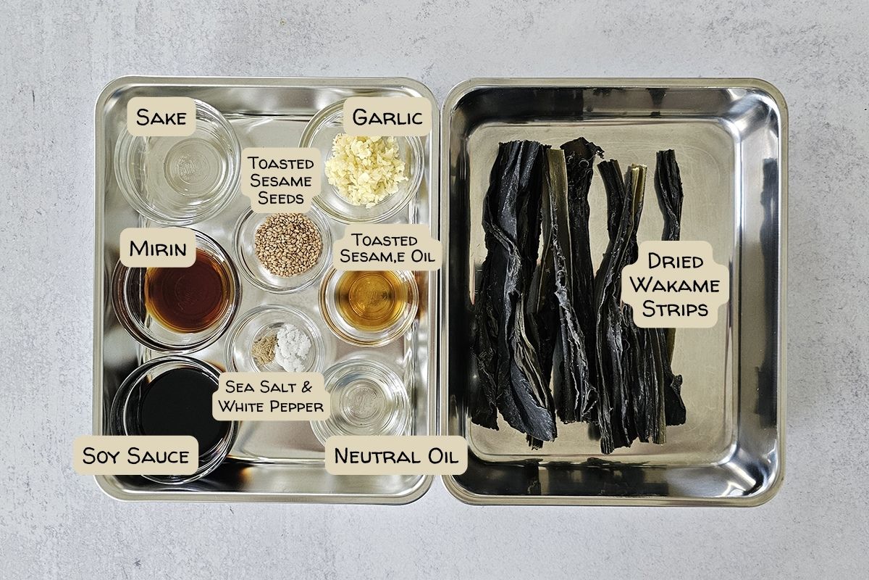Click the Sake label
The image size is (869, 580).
161,117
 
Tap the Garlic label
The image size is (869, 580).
387,117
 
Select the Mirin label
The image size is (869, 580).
158,248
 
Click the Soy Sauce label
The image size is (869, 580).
136,455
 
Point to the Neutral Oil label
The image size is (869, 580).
396,455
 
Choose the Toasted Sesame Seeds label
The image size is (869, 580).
281,181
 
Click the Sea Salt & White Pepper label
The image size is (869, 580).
271,397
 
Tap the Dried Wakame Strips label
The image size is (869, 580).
675,285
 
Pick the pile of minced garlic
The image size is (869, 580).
366,170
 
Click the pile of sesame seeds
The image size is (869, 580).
288,245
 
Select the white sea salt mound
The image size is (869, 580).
293,347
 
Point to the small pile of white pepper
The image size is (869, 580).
264,349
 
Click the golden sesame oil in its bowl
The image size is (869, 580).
371,300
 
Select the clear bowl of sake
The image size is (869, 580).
177,162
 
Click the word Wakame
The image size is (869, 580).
675,285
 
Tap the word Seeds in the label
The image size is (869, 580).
280,198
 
